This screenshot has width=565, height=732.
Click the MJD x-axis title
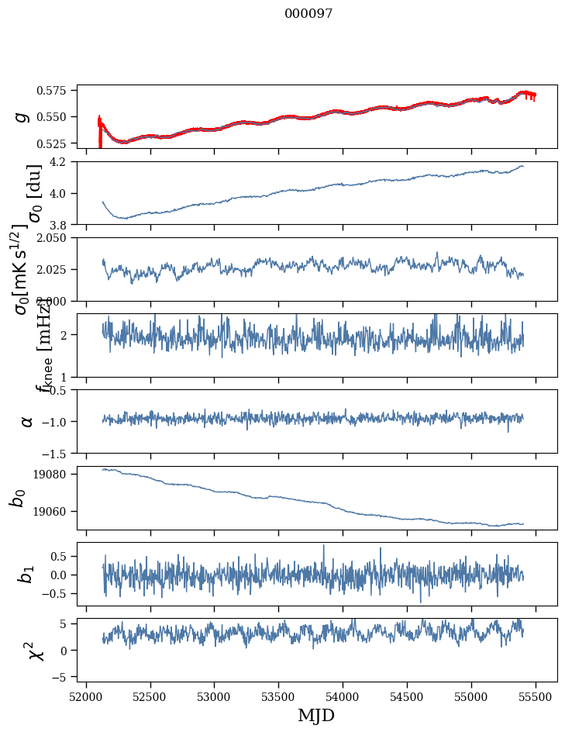pyautogui.click(x=316, y=715)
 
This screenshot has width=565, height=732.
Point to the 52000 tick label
pyautogui.click(x=86, y=696)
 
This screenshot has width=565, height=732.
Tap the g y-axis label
pyautogui.click(x=22, y=116)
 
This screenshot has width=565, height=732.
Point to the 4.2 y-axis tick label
pyautogui.click(x=62, y=162)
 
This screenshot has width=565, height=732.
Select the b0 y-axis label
pyautogui.click(x=18, y=498)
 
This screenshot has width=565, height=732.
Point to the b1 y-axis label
pyautogui.click(x=27, y=574)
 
